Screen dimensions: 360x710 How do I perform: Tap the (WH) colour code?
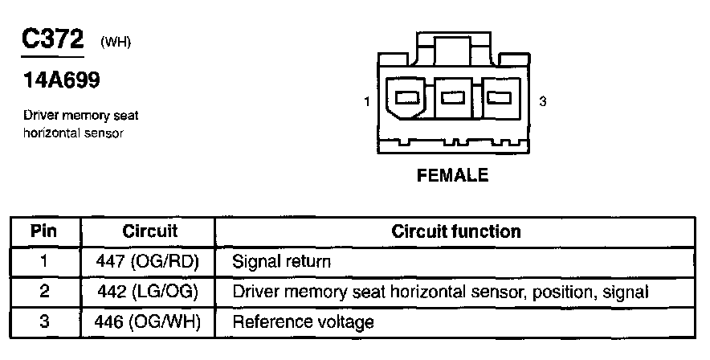pos(115,43)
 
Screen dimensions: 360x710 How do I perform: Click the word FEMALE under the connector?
pos(453,175)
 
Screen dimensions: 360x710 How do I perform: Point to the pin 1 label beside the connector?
pos(366,102)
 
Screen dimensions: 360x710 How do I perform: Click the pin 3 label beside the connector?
pos(543,102)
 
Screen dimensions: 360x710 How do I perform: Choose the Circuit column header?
pos(149,232)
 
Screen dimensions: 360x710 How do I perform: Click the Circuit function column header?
pos(455,232)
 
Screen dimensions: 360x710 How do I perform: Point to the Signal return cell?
pos(281,262)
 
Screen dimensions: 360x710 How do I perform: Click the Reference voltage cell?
pos(303,322)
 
